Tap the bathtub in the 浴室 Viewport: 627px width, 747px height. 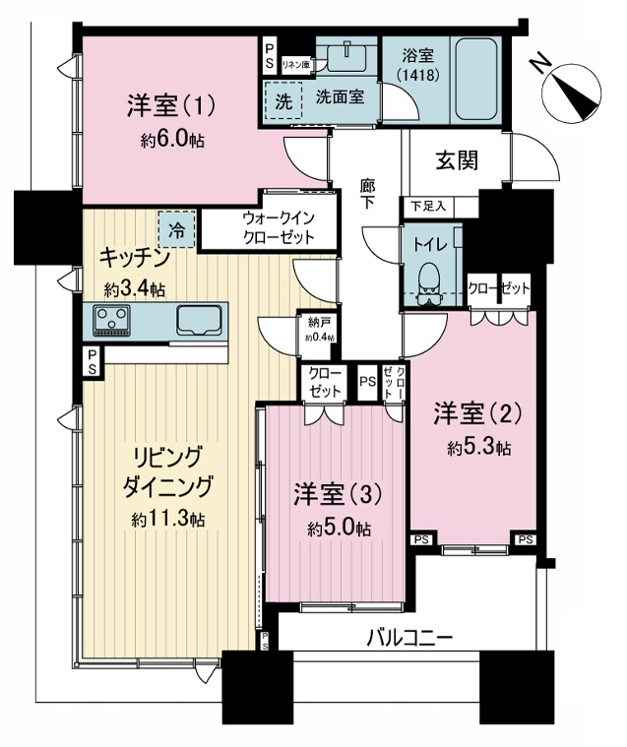[476, 80]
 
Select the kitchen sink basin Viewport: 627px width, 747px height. [199, 321]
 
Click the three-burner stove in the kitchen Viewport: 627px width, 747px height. [112, 320]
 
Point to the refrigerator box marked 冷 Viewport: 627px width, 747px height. [177, 229]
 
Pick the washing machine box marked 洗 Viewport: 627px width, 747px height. [283, 100]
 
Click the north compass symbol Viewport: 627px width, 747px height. [571, 90]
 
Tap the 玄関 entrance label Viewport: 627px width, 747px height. [457, 161]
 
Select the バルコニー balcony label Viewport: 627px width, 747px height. [409, 638]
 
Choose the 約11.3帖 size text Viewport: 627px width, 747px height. [168, 519]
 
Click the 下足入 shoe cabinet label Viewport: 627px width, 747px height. [428, 207]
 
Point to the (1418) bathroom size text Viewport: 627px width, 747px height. [418, 76]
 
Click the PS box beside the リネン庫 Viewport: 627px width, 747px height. [270, 56]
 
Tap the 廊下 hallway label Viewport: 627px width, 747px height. [367, 194]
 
